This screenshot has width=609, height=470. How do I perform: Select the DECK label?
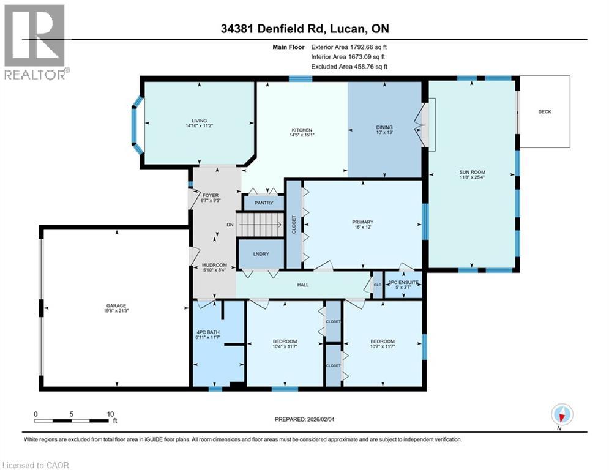[545, 111]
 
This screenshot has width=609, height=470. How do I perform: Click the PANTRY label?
[263, 203]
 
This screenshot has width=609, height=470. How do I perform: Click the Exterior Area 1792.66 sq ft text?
[349, 46]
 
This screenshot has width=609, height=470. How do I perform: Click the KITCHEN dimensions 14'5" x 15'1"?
[302, 136]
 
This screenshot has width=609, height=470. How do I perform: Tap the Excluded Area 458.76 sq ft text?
[349, 67]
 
